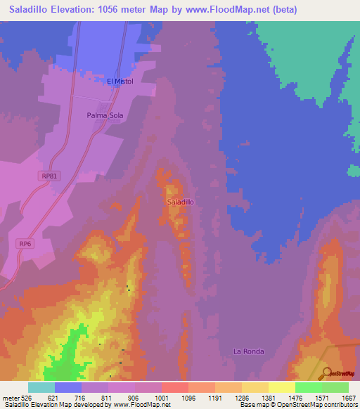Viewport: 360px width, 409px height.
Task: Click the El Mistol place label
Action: (120, 82)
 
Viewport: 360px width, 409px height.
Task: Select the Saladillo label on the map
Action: (181, 202)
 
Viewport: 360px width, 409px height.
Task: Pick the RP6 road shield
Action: (25, 243)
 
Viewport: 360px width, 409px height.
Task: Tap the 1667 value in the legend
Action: (349, 398)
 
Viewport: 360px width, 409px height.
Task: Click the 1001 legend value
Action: (162, 398)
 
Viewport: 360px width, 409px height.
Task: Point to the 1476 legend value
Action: (295, 398)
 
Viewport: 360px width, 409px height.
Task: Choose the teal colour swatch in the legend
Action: (41, 387)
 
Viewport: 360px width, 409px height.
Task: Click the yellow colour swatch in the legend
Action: (282, 387)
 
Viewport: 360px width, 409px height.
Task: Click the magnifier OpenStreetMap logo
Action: (326, 373)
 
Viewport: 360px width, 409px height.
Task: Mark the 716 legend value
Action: (82, 398)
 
